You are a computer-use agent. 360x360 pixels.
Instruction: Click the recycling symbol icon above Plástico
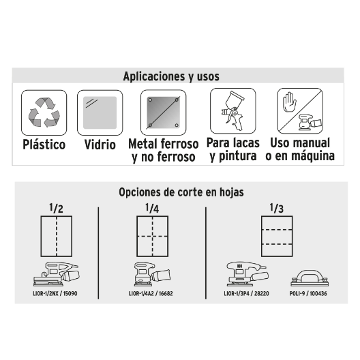point(44,112)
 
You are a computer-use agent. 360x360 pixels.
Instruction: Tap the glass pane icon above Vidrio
point(100,112)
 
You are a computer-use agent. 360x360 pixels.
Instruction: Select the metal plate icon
point(163,112)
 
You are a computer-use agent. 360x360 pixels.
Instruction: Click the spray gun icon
point(232,110)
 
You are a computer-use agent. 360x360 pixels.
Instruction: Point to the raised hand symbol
point(290,102)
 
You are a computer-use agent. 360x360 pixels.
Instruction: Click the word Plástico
point(44,145)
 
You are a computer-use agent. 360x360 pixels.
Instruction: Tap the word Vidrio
point(100,145)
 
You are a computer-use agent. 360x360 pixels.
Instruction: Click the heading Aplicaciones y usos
point(171,76)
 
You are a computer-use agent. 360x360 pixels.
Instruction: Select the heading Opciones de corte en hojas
point(181,192)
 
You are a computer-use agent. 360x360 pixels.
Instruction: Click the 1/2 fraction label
point(56,208)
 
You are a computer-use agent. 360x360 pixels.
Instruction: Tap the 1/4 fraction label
point(152,208)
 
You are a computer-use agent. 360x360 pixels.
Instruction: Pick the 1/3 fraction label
point(276,208)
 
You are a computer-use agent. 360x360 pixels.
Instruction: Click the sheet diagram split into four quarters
point(153,236)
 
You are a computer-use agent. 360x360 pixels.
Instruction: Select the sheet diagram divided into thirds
point(277,236)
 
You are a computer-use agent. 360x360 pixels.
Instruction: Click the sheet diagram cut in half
point(57,236)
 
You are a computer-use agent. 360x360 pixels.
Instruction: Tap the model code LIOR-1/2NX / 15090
point(55,293)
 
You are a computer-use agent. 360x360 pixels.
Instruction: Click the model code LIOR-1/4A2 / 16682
point(151,293)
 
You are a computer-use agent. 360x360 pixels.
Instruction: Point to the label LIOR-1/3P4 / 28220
point(246,293)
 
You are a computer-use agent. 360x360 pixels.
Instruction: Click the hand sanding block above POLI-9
point(309,278)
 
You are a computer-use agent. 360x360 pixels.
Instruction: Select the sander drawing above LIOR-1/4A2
point(152,274)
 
